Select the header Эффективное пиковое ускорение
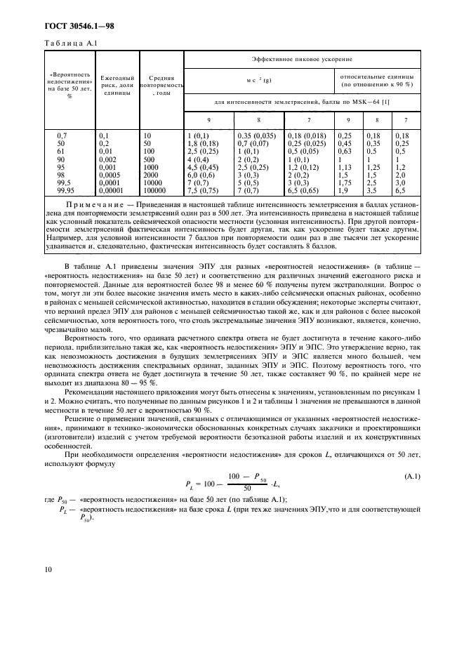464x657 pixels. click(x=301, y=60)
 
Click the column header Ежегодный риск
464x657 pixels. click(x=117, y=84)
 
